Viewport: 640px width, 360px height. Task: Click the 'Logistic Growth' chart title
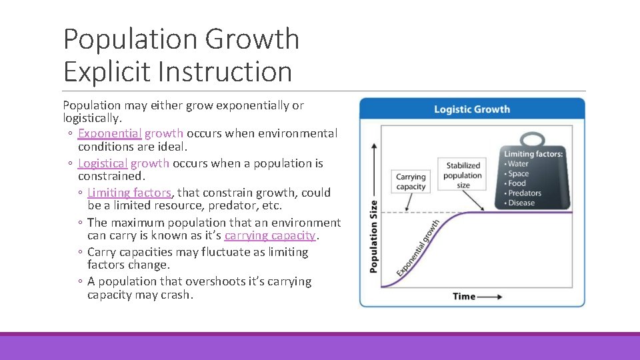[x=471, y=109]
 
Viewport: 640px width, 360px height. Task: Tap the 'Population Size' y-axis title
[x=373, y=236]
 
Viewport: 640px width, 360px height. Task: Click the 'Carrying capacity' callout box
[x=411, y=182]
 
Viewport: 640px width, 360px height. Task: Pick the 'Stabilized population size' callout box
[x=463, y=175]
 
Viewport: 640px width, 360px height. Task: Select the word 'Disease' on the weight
[x=521, y=203]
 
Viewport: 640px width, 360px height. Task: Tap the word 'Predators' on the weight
[x=525, y=193]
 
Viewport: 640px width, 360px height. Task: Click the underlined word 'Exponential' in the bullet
[x=109, y=133]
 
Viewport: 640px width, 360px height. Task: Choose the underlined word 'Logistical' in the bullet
[x=103, y=163]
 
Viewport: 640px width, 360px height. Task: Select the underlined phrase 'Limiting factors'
[x=129, y=193]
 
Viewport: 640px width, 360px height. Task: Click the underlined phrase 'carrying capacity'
[x=270, y=235]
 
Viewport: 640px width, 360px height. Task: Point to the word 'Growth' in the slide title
[x=252, y=39]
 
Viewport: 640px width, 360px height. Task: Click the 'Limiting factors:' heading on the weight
[x=533, y=154]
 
